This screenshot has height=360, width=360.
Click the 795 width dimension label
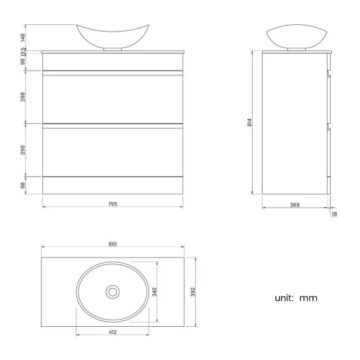pyautogui.click(x=113, y=203)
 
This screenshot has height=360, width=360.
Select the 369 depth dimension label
pyautogui.click(x=295, y=205)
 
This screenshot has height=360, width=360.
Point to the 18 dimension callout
pyautogui.click(x=334, y=214)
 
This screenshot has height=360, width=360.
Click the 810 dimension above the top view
pyautogui.click(x=113, y=244)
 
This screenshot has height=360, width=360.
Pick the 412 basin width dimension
pyautogui.click(x=113, y=332)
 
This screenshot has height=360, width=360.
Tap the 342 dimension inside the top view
pyautogui.click(x=156, y=291)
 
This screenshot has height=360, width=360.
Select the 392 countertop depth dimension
pyautogui.click(x=194, y=291)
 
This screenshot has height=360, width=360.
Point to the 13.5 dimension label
pyautogui.click(x=23, y=52)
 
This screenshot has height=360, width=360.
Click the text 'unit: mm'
pyautogui.click(x=296, y=298)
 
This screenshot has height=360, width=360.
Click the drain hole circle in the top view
pyautogui.click(x=113, y=291)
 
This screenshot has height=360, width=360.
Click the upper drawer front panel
pyautogui.click(x=113, y=98)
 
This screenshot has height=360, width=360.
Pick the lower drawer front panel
pyautogui.click(x=113, y=151)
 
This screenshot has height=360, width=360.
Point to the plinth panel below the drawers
pyautogui.click(x=113, y=186)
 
